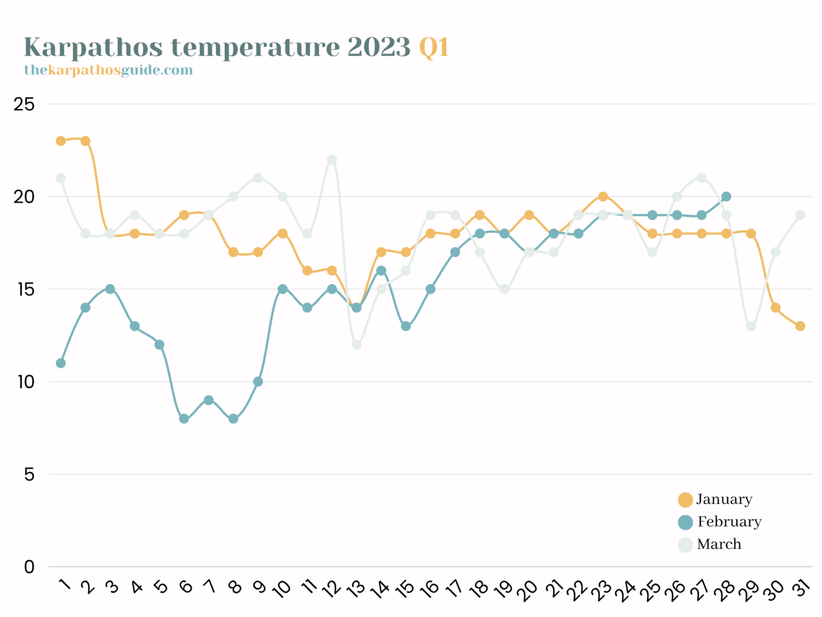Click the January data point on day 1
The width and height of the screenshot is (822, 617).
tap(61, 141)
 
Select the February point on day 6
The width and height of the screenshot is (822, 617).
tap(184, 419)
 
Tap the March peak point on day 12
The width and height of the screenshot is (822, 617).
tap(332, 159)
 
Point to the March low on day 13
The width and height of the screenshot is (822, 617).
tap(356, 344)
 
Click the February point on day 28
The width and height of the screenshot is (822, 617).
tap(726, 197)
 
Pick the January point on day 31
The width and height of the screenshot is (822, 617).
tap(800, 326)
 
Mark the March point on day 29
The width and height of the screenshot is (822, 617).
tap(751, 326)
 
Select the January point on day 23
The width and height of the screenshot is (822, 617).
tap(603, 197)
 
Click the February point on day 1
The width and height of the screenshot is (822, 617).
tap(61, 363)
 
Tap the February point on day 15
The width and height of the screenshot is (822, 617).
tap(405, 326)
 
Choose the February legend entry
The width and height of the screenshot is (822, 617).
tap(720, 522)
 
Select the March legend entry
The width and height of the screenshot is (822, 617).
tap(710, 544)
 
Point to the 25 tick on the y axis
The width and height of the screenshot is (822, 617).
tap(25, 104)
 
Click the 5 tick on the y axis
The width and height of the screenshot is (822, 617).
tap(29, 474)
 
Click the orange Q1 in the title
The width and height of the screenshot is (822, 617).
tap(434, 47)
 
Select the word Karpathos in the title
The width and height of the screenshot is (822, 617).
tap(93, 47)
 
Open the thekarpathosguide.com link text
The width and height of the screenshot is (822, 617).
tap(108, 70)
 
